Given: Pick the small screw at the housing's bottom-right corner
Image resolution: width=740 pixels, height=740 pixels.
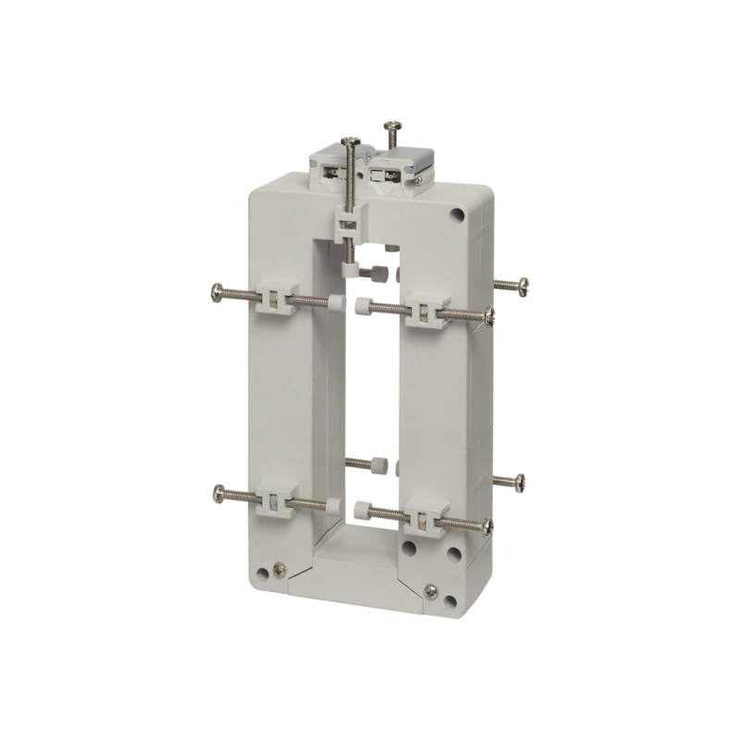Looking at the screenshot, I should [430, 590].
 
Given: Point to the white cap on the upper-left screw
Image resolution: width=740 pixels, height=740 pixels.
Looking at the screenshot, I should [330, 302].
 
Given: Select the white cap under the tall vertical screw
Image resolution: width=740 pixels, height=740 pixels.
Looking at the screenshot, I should [351, 268].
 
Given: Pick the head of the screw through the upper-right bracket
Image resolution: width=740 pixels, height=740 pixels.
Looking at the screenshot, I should [490, 318].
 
